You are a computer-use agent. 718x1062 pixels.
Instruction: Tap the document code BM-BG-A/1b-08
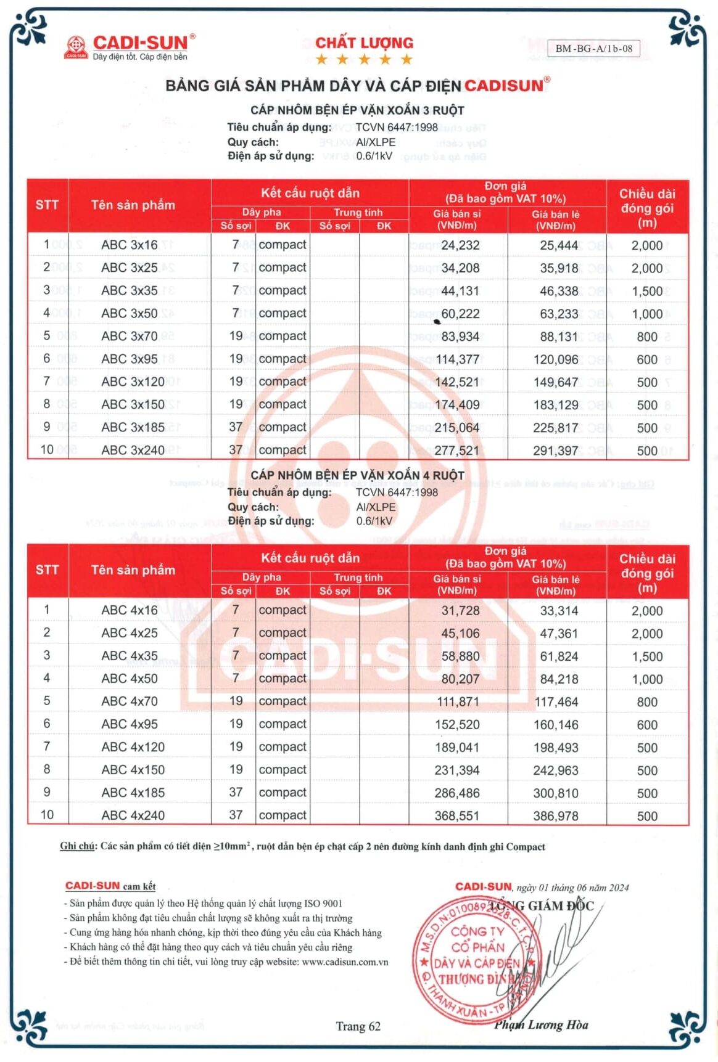point(593,49)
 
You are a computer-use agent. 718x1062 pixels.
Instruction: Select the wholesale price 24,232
point(460,245)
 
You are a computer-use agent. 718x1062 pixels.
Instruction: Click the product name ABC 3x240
point(133,451)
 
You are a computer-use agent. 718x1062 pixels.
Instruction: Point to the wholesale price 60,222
point(460,314)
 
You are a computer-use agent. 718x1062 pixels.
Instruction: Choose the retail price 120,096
point(556,360)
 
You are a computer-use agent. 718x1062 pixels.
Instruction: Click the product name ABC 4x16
point(130,610)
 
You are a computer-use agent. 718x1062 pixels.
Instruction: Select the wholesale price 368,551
point(457,816)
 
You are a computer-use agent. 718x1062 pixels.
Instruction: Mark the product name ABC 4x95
point(130,724)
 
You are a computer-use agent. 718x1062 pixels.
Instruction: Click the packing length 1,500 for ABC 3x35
point(647,291)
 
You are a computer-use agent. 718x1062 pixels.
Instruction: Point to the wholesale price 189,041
point(457,748)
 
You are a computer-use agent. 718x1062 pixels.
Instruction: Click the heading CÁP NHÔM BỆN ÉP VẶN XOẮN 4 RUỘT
point(357,476)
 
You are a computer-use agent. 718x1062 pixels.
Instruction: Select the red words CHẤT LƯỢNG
point(364,43)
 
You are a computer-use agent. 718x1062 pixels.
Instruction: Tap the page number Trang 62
point(358,1026)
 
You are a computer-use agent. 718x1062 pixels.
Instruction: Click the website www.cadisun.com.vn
point(345,962)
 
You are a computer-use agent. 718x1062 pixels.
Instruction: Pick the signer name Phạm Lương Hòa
point(541,1025)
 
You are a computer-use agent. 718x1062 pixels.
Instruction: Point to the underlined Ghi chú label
point(77,846)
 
